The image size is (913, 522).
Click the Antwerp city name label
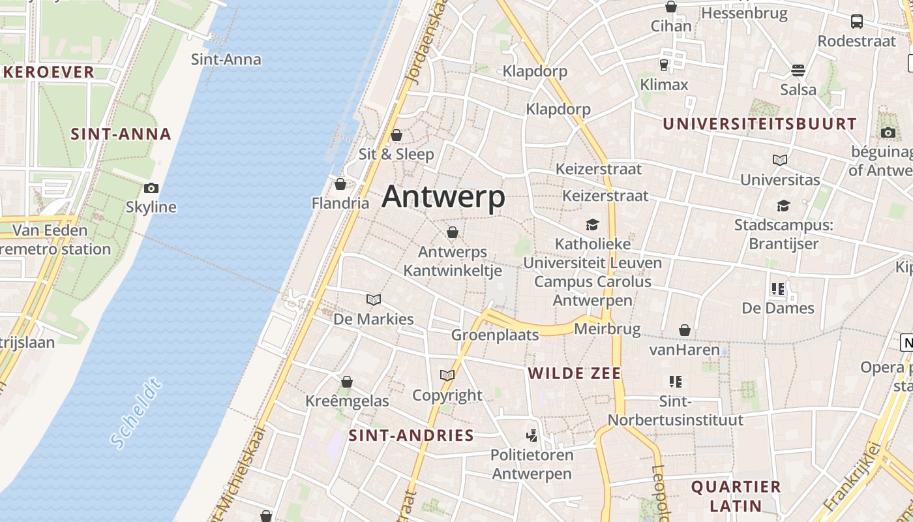point(443,196)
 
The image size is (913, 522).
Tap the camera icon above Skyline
point(151,189)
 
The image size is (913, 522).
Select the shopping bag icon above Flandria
point(340,184)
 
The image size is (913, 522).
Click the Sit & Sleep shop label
point(397,154)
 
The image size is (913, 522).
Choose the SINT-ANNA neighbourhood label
point(121,134)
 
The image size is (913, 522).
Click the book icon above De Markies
point(374,299)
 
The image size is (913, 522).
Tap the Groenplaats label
point(496,335)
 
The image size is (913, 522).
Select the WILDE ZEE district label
point(575,373)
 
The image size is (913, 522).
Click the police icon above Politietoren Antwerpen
point(532,435)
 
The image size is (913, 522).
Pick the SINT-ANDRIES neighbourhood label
point(411,435)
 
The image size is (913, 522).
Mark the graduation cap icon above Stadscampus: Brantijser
point(783,206)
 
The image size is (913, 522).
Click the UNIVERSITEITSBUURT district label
point(760,124)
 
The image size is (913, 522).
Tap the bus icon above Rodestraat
point(857,22)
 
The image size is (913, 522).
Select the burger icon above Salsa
point(798,70)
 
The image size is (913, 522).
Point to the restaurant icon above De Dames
point(777,288)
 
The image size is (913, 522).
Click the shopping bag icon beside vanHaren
point(685,331)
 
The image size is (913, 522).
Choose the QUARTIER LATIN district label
point(736,496)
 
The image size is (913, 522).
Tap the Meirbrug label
point(607,328)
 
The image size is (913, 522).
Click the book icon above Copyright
point(447,375)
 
